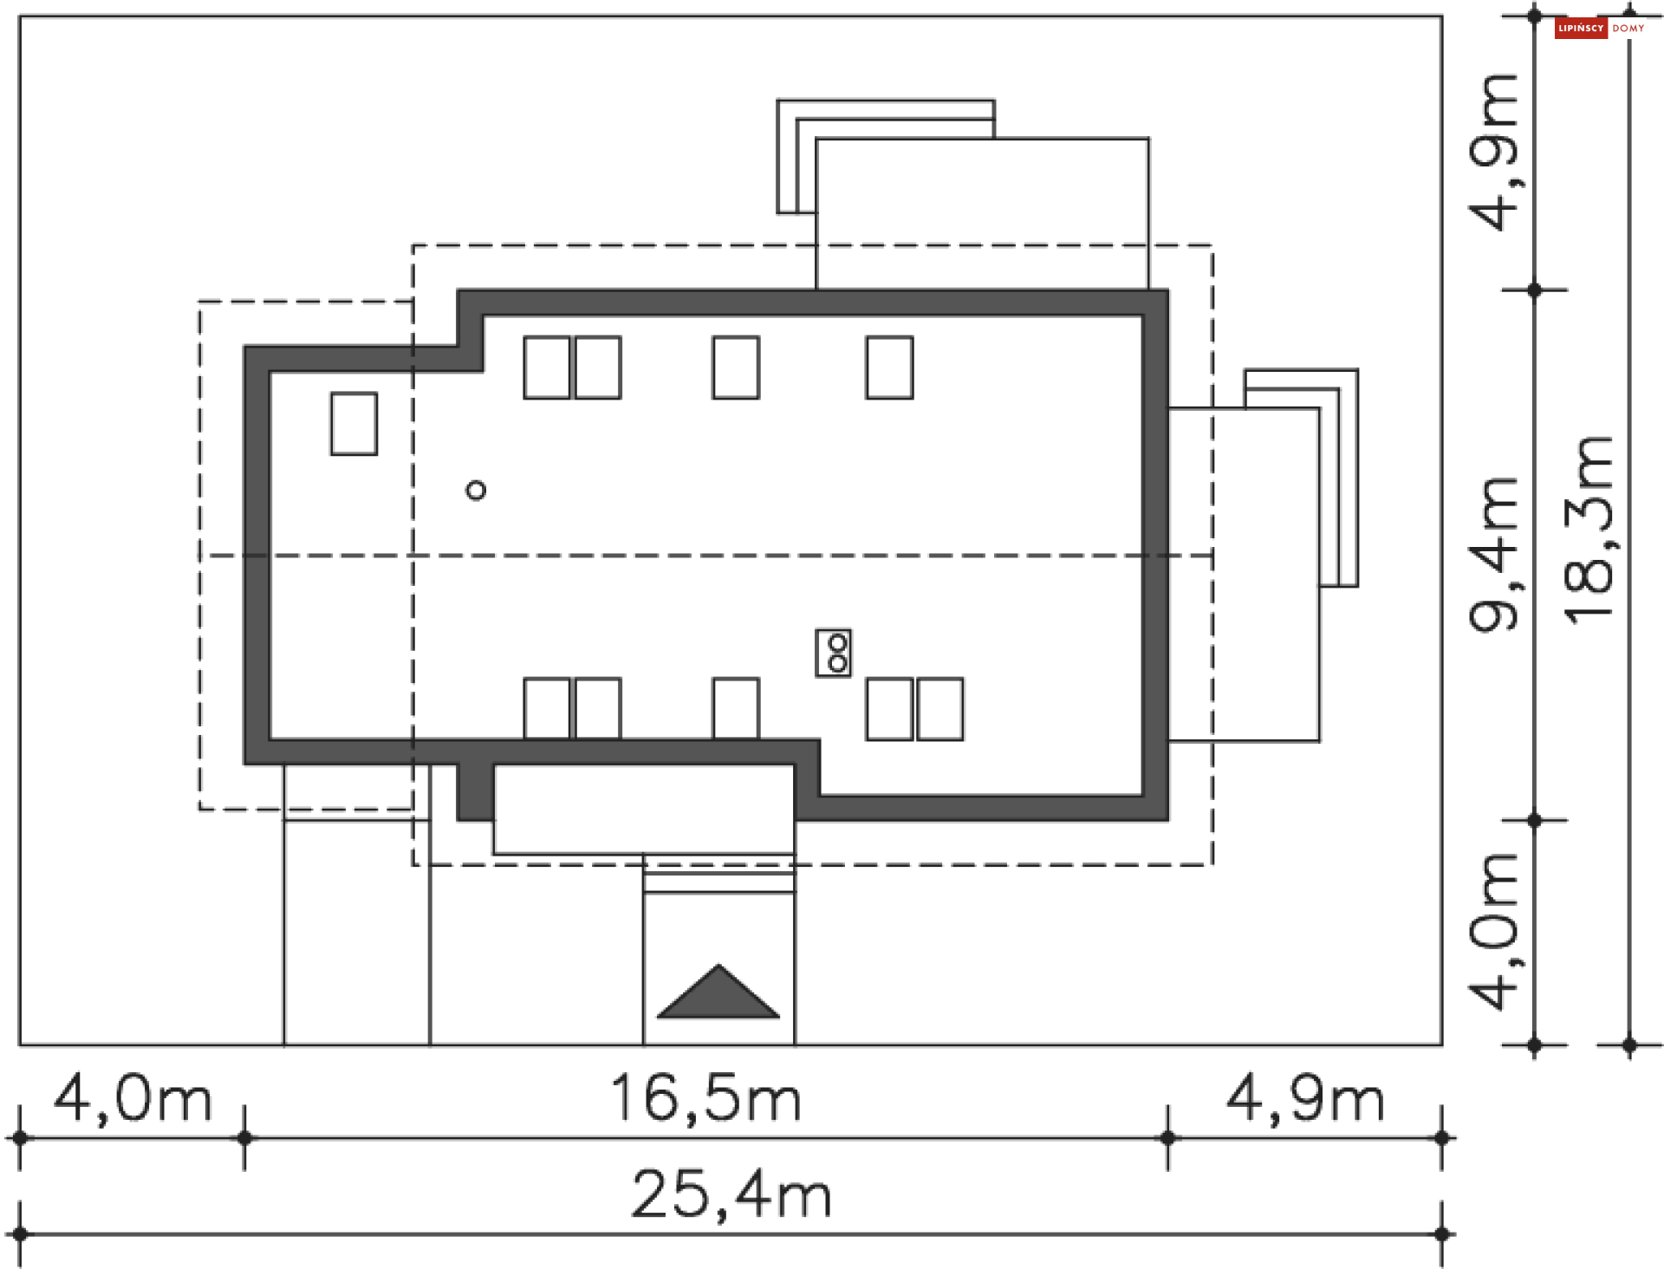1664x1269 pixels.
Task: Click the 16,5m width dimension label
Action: coord(705,1099)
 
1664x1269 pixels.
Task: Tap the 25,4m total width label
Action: coord(731,1195)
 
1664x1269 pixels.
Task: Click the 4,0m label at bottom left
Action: coord(133,1099)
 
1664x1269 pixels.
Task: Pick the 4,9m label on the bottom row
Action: coord(1305,1099)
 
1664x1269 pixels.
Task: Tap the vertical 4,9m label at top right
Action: coord(1493,153)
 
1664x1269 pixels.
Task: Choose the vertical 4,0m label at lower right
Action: coord(1493,932)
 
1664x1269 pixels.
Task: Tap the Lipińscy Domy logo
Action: coord(1600,29)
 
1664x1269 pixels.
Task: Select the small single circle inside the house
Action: coord(476,491)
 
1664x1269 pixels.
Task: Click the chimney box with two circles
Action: coord(834,653)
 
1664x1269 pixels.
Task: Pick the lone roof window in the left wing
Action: coord(354,424)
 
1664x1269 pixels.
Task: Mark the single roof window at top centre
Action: coord(736,368)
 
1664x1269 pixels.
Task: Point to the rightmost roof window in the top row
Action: coord(889,368)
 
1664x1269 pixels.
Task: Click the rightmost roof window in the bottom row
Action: coord(940,709)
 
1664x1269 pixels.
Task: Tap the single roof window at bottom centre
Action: coord(736,708)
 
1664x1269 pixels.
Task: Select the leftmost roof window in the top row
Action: coord(547,368)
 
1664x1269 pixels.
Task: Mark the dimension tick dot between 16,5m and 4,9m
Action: coord(1168,1137)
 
